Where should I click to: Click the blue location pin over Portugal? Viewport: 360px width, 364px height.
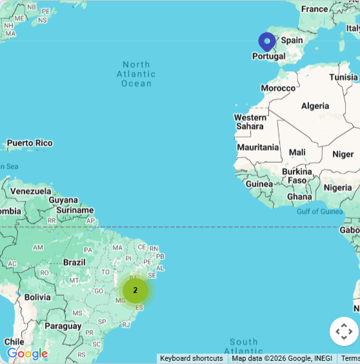(x=267, y=41)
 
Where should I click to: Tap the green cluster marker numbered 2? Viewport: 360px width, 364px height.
(x=135, y=290)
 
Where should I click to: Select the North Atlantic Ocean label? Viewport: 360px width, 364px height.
(x=136, y=74)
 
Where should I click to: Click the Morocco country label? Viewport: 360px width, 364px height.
(x=278, y=88)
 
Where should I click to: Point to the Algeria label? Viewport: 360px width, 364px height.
(x=315, y=106)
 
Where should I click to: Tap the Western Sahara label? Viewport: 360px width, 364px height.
(x=250, y=122)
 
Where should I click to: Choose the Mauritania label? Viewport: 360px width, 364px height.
(x=258, y=147)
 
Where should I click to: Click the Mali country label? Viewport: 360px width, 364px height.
(x=297, y=152)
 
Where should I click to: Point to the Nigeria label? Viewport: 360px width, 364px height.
(x=337, y=188)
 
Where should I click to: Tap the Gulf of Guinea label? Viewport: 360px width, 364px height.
(x=319, y=212)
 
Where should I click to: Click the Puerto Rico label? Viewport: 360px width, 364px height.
(x=30, y=143)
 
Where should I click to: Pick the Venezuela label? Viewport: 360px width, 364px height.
(x=30, y=191)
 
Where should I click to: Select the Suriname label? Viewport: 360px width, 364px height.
(x=75, y=210)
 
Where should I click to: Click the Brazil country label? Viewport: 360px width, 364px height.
(x=74, y=262)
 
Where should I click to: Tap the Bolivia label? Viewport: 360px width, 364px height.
(x=37, y=298)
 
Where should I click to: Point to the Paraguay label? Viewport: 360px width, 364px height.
(x=64, y=326)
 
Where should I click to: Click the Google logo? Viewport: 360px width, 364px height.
(x=27, y=354)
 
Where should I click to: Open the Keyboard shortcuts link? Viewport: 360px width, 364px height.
(x=192, y=358)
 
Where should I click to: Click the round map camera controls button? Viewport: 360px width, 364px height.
(x=344, y=332)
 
